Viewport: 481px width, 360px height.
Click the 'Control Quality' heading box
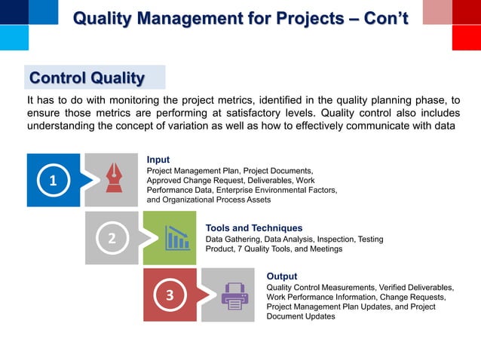(86, 78)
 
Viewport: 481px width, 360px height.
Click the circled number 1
(53, 181)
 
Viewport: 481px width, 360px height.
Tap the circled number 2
(112, 239)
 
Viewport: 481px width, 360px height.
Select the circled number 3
(170, 296)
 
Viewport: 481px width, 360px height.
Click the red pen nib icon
(114, 178)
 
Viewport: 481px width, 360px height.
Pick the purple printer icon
(234, 296)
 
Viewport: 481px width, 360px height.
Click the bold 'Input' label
(158, 160)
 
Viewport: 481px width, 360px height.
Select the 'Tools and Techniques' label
(254, 227)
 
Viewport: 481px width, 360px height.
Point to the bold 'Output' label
(282, 276)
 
